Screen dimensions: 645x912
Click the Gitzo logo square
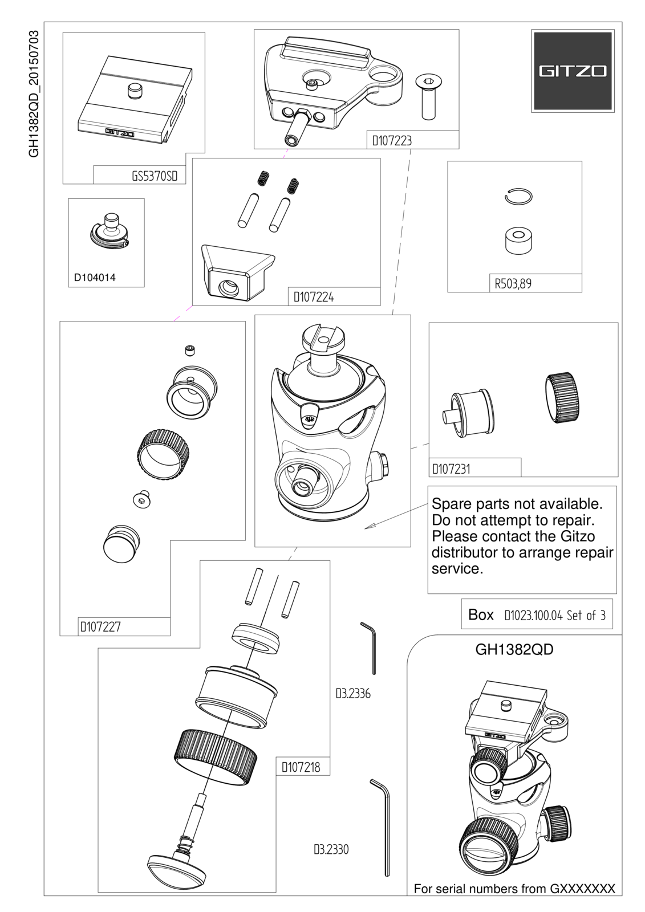pyautogui.click(x=573, y=71)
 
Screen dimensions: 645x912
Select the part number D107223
pyautogui.click(x=392, y=141)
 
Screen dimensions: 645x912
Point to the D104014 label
pyautogui.click(x=95, y=278)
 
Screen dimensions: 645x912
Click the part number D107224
pyautogui.click(x=314, y=298)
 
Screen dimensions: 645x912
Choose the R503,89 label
pyautogui.click(x=513, y=283)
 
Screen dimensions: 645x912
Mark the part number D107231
pyautogui.click(x=451, y=469)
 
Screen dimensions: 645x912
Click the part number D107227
pyautogui.click(x=100, y=626)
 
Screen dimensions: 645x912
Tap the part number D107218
pyautogui.click(x=301, y=767)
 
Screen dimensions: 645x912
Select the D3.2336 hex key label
pyautogui.click(x=353, y=693)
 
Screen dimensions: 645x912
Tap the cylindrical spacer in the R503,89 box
pyautogui.click(x=518, y=240)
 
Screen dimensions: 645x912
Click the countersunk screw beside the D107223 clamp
pyautogui.click(x=427, y=97)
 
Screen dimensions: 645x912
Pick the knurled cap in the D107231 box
pyautogui.click(x=563, y=397)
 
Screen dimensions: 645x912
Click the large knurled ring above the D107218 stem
pyautogui.click(x=216, y=758)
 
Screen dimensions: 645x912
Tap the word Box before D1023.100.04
pyautogui.click(x=481, y=615)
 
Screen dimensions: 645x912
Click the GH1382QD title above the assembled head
pyautogui.click(x=514, y=650)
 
